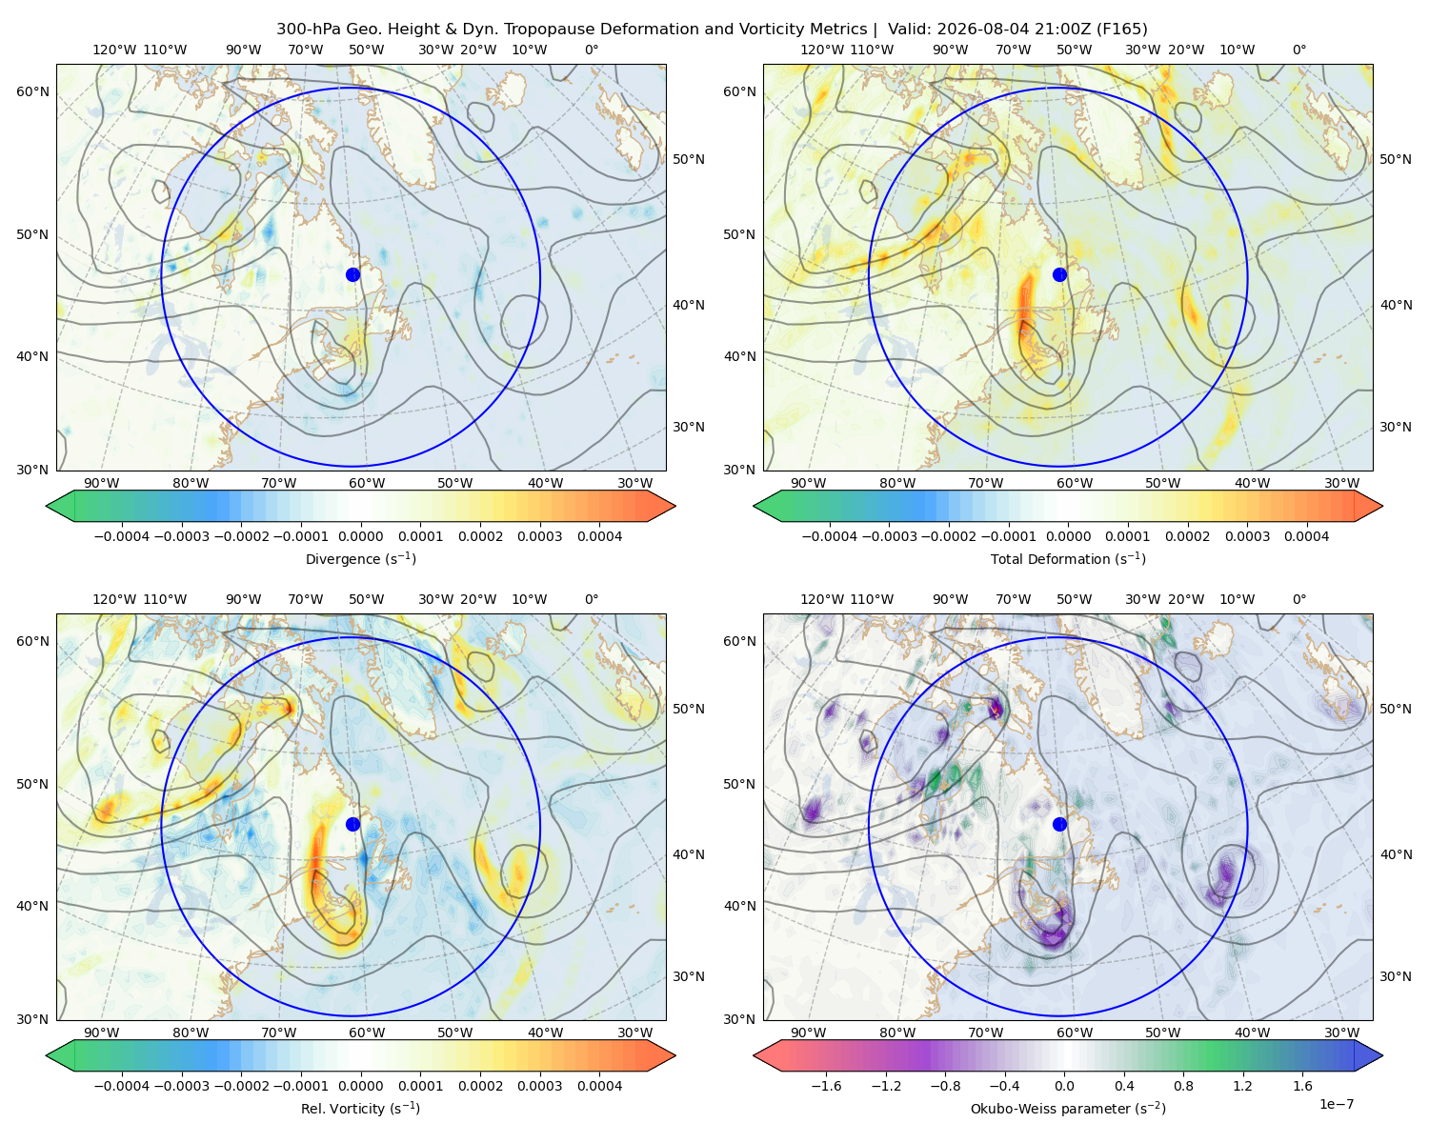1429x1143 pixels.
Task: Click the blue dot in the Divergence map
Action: (x=352, y=274)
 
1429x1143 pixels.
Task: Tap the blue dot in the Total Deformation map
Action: (x=1059, y=274)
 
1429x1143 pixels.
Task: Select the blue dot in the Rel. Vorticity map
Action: (x=352, y=824)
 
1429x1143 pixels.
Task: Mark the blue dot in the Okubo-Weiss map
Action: (x=1059, y=824)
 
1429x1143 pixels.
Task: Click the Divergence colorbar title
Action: (x=360, y=558)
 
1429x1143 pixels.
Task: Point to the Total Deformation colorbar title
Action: (x=1068, y=558)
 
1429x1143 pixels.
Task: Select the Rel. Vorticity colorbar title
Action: (x=360, y=1108)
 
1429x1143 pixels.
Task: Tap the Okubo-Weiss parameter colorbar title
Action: (x=1068, y=1108)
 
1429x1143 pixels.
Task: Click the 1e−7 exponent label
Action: (x=1336, y=1104)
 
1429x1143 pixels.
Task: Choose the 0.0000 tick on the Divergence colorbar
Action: (x=360, y=536)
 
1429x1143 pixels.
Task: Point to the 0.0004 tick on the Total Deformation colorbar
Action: (x=1306, y=536)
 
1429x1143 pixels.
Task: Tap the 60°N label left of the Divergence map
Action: (x=32, y=91)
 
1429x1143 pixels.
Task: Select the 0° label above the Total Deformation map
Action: (x=1298, y=50)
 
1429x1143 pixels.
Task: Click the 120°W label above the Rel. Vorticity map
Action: (x=114, y=599)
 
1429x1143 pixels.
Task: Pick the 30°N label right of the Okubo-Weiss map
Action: (x=1395, y=976)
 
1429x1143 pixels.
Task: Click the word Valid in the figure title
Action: (x=906, y=30)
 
